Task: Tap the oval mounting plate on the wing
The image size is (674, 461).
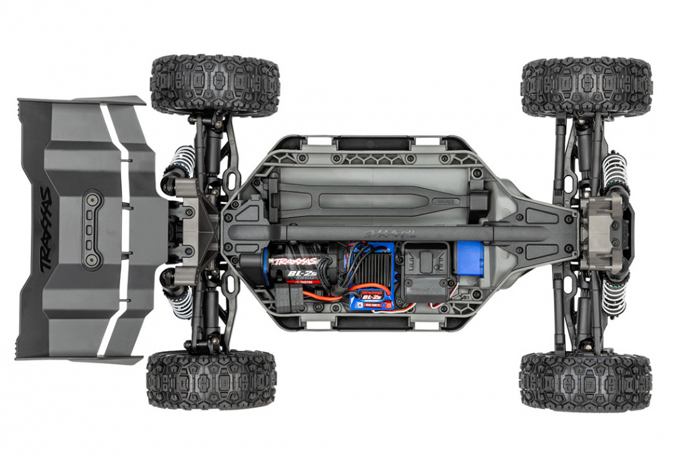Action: coord(92,230)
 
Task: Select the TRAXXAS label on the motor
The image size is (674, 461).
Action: coord(295,261)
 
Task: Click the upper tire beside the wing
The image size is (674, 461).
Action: coord(214,85)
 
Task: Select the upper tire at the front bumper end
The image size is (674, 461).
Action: coord(586,86)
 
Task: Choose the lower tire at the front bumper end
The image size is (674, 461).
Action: coord(586,381)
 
